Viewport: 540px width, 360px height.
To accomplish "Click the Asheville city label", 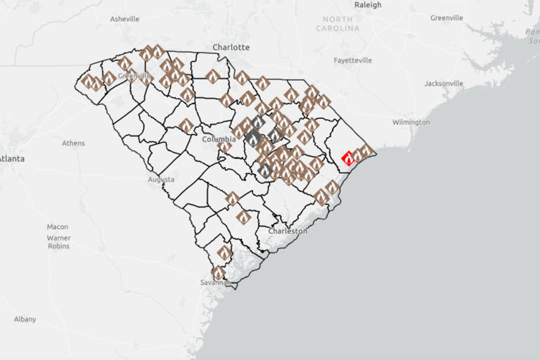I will pyautogui.click(x=124, y=19).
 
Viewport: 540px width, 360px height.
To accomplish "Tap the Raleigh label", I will pyautogui.click(x=368, y=5).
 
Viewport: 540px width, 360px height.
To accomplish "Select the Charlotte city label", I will pyautogui.click(x=231, y=47).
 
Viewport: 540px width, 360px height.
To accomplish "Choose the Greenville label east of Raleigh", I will pyautogui.click(x=446, y=18).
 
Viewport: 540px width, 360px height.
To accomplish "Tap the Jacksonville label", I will pyautogui.click(x=444, y=84).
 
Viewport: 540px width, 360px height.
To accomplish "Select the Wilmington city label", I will pyautogui.click(x=411, y=122).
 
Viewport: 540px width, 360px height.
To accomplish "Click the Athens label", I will pyautogui.click(x=73, y=143).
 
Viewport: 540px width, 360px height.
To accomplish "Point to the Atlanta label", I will pyautogui.click(x=12, y=159).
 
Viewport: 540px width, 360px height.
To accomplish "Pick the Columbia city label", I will pyautogui.click(x=219, y=139).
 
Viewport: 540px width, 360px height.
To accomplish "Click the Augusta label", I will pyautogui.click(x=161, y=179).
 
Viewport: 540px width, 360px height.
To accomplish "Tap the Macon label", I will pyautogui.click(x=58, y=227).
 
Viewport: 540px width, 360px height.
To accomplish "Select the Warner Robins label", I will pyautogui.click(x=59, y=242).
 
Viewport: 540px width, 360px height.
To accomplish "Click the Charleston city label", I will pyautogui.click(x=288, y=231).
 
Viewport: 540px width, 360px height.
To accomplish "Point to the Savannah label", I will pyautogui.click(x=215, y=282).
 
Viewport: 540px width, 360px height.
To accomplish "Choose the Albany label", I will pyautogui.click(x=25, y=319).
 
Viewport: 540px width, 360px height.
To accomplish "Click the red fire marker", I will pyautogui.click(x=348, y=158).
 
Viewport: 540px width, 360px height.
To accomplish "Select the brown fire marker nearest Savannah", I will pyautogui.click(x=219, y=273).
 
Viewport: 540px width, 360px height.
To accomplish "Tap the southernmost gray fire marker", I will pyautogui.click(x=264, y=170).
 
